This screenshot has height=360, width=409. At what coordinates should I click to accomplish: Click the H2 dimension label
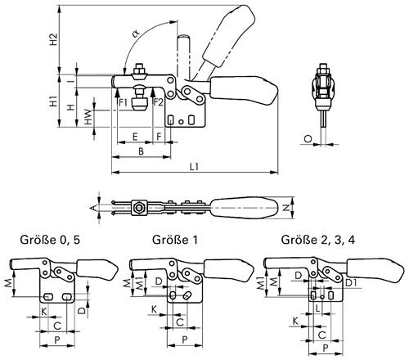(x=54, y=39)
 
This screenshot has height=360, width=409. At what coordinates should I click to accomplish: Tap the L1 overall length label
(x=195, y=167)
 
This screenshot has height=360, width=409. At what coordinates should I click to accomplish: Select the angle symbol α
(x=136, y=34)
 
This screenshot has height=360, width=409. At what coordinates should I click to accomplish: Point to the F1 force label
(x=124, y=102)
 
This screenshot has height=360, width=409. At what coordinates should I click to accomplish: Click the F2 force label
(x=158, y=102)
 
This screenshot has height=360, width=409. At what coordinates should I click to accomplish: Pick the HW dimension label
(x=88, y=117)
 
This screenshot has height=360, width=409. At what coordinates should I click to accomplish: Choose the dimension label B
(x=141, y=151)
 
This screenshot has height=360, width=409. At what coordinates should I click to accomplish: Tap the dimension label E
(x=135, y=137)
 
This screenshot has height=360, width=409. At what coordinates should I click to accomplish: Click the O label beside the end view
(x=308, y=139)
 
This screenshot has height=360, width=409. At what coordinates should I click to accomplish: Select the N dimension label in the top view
(x=285, y=208)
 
